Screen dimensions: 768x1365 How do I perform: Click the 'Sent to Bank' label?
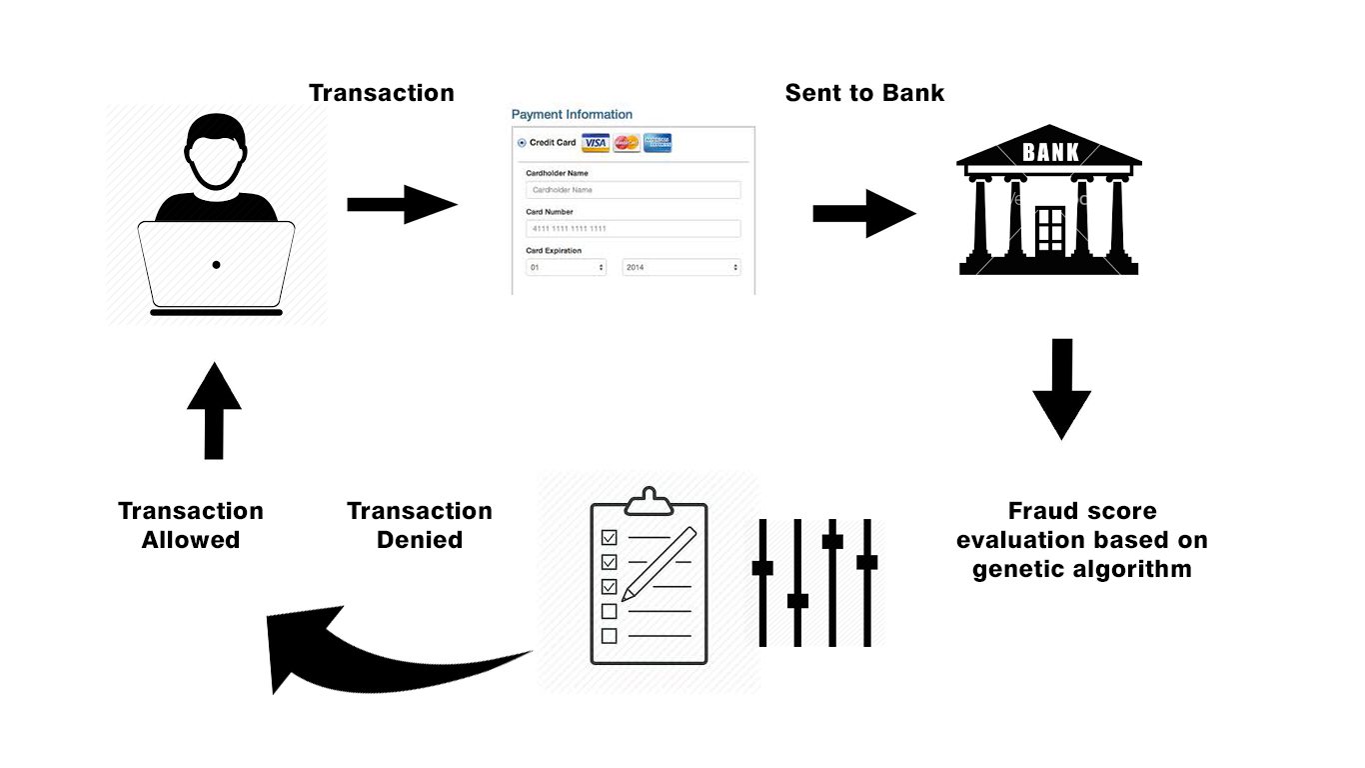click(864, 93)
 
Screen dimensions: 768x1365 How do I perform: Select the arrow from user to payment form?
click(401, 204)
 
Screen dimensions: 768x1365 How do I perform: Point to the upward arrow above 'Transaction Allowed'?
click(214, 411)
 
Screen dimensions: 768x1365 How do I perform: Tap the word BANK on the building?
click(1050, 153)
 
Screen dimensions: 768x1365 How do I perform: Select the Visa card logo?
click(596, 143)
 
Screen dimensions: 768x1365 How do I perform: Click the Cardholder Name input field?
click(634, 190)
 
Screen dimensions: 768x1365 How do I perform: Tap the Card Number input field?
click(634, 229)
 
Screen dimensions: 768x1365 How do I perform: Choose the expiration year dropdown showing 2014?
click(681, 268)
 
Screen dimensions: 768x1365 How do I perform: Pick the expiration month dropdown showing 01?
click(567, 268)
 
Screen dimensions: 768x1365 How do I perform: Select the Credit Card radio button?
click(522, 143)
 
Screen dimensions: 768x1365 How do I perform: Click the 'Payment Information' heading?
click(572, 114)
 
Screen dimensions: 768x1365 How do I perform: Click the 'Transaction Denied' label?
click(420, 525)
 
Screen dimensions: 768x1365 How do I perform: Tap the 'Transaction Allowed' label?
click(191, 525)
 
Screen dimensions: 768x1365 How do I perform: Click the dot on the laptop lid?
click(216, 265)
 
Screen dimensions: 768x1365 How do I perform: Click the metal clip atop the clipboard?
click(650, 499)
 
